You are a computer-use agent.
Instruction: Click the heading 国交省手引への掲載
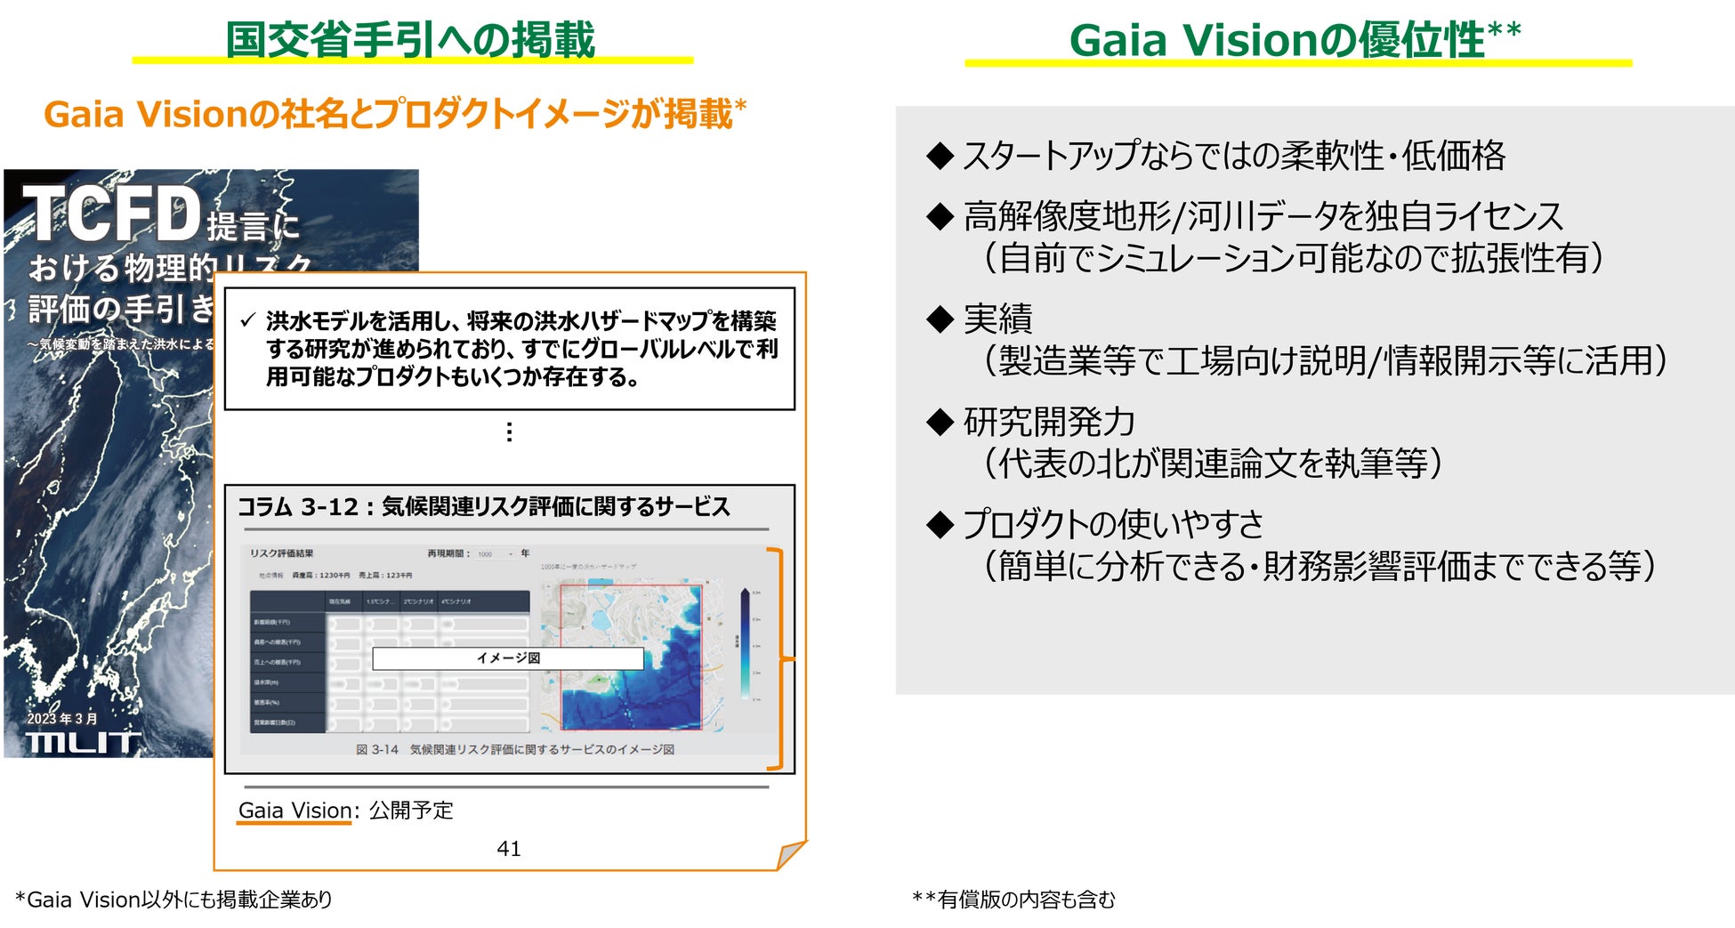(x=410, y=40)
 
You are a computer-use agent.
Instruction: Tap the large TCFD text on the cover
(x=112, y=214)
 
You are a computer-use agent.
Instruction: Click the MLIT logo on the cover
(x=83, y=742)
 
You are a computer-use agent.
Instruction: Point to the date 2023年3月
(x=61, y=718)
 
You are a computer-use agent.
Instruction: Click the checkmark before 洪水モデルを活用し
(x=248, y=320)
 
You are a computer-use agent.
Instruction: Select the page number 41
(x=509, y=849)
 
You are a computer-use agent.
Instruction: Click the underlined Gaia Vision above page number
(x=295, y=811)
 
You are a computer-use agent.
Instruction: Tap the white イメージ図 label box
(x=507, y=658)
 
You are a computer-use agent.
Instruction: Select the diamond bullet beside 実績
(x=940, y=319)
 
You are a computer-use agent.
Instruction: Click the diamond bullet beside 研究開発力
(x=940, y=422)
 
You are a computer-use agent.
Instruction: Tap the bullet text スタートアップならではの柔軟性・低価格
(x=1233, y=156)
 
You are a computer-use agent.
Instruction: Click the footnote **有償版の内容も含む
(x=1013, y=900)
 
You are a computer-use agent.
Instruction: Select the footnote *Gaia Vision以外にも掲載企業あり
(x=173, y=900)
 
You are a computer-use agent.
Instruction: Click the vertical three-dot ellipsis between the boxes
(x=509, y=432)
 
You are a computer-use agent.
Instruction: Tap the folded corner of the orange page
(x=791, y=855)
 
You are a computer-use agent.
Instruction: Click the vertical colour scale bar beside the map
(x=746, y=645)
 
